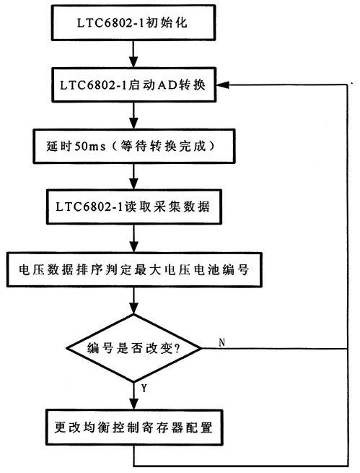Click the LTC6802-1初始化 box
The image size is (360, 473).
(x=133, y=22)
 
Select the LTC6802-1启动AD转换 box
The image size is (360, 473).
(x=133, y=84)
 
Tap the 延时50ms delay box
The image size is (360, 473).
(x=133, y=147)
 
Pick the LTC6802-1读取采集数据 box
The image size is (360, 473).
(x=133, y=207)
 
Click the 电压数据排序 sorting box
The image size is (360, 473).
(x=134, y=269)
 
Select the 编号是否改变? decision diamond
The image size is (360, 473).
(x=134, y=348)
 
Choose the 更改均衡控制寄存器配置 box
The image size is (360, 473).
(x=134, y=428)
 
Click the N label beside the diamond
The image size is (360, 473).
(x=222, y=342)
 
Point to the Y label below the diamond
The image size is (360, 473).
(x=144, y=389)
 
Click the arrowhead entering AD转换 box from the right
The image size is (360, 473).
(x=223, y=84)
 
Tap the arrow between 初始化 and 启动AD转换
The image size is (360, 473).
(x=133, y=54)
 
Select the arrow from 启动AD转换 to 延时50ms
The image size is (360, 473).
(x=133, y=116)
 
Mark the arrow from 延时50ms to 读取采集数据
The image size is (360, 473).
(x=133, y=176)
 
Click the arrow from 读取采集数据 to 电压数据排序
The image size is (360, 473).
(x=133, y=238)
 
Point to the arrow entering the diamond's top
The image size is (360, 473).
(x=133, y=300)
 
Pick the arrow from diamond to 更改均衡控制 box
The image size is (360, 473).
(x=133, y=396)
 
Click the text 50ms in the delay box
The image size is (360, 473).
(x=90, y=147)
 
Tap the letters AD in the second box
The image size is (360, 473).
(x=168, y=85)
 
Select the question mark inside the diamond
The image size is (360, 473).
(x=177, y=349)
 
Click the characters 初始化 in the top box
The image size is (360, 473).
(x=167, y=22)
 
